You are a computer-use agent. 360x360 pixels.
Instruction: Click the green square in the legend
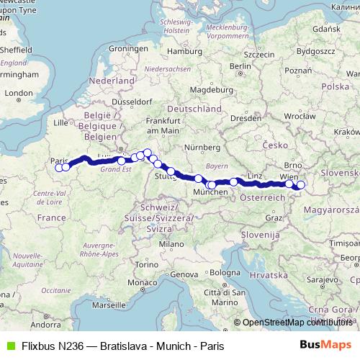coord(9,346)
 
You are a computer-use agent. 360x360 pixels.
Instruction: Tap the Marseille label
coord(109,305)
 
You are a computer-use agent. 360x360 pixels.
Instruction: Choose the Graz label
coord(274,217)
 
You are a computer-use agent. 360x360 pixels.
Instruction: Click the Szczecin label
coord(260,54)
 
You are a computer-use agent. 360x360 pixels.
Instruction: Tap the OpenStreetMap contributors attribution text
coord(294,323)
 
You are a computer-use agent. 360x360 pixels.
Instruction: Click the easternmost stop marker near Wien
coord(301,185)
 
